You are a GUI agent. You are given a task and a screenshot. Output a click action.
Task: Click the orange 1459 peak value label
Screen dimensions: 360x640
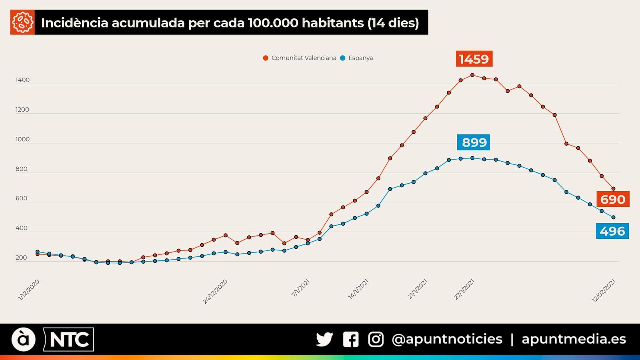pos(474,59)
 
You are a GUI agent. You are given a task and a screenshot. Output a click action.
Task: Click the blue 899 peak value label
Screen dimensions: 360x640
pos(474,142)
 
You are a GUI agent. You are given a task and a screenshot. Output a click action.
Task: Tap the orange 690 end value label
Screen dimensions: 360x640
pos(612,199)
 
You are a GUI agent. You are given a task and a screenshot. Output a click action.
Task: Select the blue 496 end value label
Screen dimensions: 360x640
pos(612,231)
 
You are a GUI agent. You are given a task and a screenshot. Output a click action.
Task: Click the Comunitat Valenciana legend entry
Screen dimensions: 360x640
pos(300,58)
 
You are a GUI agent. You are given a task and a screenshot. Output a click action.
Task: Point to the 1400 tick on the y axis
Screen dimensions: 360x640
pos(22,80)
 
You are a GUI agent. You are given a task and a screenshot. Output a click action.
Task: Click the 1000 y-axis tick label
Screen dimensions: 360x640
pos(22,139)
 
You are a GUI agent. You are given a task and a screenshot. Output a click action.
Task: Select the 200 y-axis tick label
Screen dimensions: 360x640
pos(21,258)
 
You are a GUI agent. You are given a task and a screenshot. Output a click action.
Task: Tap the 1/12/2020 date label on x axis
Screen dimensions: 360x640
pos(29,290)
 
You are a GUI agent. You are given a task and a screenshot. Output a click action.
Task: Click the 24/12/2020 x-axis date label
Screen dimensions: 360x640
pos(215,292)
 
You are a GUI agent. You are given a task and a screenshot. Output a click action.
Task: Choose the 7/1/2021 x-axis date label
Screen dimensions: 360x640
pos(300,288)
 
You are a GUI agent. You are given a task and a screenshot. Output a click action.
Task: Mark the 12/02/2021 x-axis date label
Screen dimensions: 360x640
pos(603,291)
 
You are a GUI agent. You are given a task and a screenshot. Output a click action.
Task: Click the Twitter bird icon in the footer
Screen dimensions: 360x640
pos(324,339)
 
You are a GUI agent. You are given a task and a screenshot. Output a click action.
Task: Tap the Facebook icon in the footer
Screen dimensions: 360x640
pos(350,339)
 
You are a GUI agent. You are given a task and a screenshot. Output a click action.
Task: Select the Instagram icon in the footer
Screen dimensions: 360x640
pos(376,339)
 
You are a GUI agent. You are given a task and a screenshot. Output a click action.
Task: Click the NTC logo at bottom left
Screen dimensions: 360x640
pos(68,340)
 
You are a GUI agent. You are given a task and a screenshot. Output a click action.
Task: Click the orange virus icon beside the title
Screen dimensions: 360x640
pos(22,22)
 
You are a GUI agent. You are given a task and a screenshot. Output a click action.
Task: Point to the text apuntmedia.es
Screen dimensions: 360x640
pos(574,339)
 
